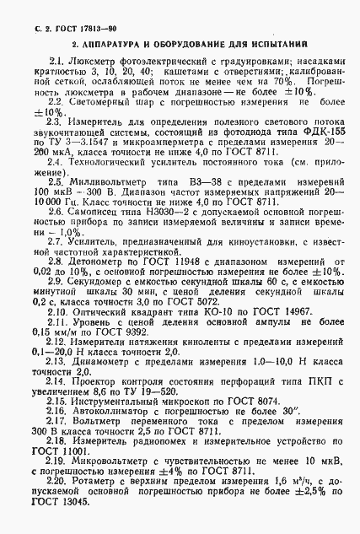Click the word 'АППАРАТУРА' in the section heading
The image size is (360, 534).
115,41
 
